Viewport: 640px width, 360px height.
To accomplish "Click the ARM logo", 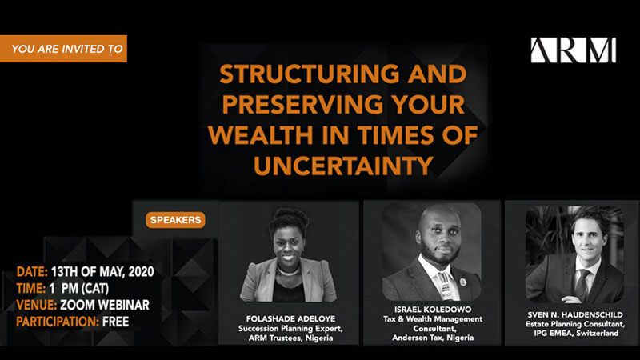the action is (573, 50).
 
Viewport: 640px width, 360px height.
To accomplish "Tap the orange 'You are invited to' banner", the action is (63, 49).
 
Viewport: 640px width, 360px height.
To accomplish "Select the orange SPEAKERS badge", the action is (175, 220).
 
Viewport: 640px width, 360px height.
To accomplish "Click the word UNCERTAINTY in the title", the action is (343, 166).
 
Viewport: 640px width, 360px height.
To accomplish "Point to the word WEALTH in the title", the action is (262, 135).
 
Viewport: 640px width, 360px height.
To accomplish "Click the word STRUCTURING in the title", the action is (309, 74).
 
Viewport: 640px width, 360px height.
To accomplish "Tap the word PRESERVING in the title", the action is (302, 105).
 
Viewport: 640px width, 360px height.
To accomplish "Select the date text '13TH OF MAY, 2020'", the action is (102, 272).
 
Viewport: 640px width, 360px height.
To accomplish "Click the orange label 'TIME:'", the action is (31, 289).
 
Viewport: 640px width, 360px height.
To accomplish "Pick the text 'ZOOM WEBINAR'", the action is (105, 306).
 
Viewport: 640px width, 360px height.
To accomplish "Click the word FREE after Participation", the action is (115, 322).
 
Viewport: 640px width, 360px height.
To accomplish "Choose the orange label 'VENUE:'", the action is (36, 306).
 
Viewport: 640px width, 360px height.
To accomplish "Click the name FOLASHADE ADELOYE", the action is (290, 318).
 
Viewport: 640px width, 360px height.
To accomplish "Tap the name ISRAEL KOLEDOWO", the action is (433, 310).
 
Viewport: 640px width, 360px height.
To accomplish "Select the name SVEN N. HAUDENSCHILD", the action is (575, 314).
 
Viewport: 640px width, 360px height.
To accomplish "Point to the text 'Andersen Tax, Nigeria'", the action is (433, 338).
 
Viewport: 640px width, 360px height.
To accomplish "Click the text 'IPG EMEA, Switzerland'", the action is (576, 333).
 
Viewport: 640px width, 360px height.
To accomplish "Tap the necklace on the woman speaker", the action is (289, 271).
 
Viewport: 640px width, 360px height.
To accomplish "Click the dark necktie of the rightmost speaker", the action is (582, 285).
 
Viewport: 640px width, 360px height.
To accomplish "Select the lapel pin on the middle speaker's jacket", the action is (462, 282).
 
